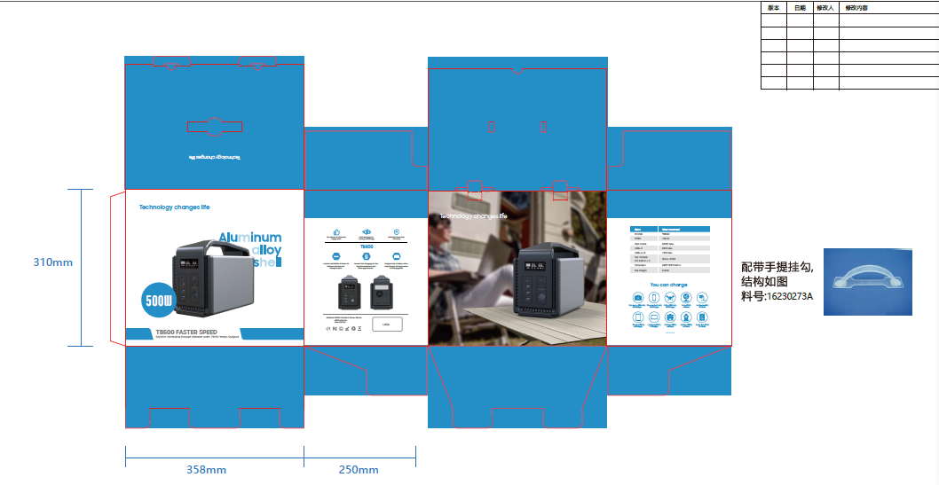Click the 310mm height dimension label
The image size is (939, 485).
coord(52,262)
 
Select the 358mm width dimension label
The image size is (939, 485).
coord(206,470)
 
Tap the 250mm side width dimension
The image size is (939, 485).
coord(359,470)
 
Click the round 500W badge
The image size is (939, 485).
coord(159,301)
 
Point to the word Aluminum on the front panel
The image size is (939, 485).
coord(250,238)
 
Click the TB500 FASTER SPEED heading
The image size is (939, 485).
coord(186,332)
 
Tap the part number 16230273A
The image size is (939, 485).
coord(790,296)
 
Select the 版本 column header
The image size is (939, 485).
coord(774,8)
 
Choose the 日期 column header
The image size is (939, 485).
coord(800,8)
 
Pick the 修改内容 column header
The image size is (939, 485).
coord(856,8)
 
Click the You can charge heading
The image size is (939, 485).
coord(668,286)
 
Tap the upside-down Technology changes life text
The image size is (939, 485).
coord(216,157)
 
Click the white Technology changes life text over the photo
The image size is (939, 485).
coord(473,216)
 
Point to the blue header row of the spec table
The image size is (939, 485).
coord(670,229)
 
